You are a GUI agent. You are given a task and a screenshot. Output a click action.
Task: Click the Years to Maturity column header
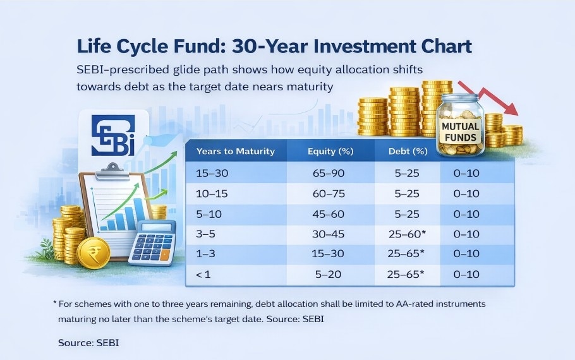pos(236,151)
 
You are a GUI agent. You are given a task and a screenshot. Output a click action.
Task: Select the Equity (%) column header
pos(330,152)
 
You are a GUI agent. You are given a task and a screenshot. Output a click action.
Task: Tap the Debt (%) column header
pos(408,152)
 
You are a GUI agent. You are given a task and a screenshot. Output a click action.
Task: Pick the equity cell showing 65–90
pos(329,173)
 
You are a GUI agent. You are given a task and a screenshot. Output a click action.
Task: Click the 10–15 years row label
pos(212,193)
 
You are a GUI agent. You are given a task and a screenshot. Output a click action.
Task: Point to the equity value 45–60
pos(328,214)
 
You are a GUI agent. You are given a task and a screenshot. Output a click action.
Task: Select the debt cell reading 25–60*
pos(407,234)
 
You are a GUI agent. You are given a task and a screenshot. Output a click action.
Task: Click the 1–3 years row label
pos(205,253)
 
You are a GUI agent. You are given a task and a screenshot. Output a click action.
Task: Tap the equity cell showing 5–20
pos(328,274)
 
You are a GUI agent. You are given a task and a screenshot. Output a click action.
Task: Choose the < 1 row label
pos(203,274)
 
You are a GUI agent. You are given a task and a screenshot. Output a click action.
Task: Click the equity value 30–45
pos(328,234)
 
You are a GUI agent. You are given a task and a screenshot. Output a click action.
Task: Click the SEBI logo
pos(113,135)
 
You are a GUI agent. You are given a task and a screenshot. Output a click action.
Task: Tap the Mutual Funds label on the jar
pos(460,132)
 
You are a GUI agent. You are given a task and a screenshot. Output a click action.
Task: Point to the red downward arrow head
pos(511,108)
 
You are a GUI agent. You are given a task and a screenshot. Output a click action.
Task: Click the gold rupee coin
pos(94,253)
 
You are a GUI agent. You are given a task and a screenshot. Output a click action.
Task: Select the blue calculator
pos(152,243)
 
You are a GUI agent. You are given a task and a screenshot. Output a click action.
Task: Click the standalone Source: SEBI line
pos(88,343)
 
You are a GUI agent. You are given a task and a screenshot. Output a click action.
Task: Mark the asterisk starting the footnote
pos(54,304)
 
